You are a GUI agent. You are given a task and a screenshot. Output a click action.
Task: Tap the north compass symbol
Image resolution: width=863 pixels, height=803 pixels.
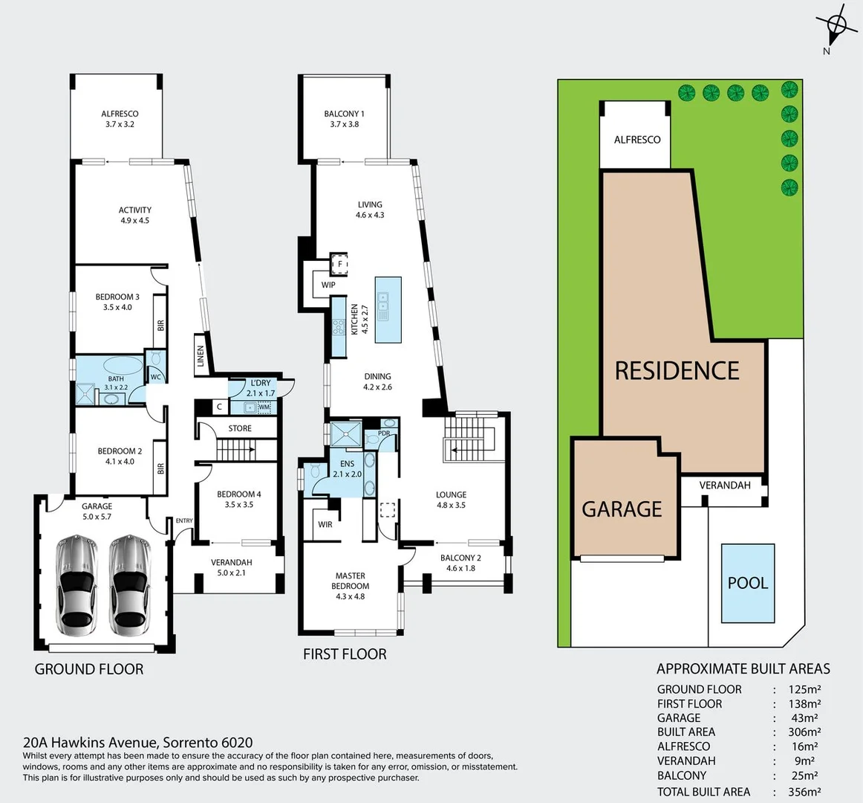[836, 27]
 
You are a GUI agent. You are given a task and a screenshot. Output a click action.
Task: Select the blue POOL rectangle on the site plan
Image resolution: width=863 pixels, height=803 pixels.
[748, 583]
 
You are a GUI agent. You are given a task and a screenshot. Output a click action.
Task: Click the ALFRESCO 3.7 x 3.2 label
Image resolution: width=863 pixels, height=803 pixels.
[120, 119]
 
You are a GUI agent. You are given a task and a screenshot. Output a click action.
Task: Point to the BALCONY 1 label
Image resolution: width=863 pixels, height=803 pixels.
[344, 119]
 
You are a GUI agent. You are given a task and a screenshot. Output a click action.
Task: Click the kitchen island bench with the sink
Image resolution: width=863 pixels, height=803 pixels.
[388, 309]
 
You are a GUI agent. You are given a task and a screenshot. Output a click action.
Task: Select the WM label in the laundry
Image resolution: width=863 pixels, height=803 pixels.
[264, 407]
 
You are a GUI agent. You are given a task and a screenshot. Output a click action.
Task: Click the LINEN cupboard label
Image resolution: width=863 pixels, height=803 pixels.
[200, 355]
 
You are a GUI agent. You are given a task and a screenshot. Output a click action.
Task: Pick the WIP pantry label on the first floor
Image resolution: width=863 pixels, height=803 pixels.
[328, 285]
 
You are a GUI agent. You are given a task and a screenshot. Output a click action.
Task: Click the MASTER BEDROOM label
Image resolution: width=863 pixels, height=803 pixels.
[351, 585]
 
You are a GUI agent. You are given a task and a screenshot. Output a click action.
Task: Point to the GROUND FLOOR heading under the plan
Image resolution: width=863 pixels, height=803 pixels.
[89, 669]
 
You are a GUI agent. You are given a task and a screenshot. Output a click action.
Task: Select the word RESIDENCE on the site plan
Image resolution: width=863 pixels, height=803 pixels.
[677, 370]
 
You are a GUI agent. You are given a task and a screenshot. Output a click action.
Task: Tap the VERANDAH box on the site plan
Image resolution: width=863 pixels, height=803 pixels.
[724, 486]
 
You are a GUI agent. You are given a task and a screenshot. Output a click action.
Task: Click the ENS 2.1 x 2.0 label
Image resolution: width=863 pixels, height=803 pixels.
[347, 468]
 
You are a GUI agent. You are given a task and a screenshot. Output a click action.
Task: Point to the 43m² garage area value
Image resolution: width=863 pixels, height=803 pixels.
[805, 718]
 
